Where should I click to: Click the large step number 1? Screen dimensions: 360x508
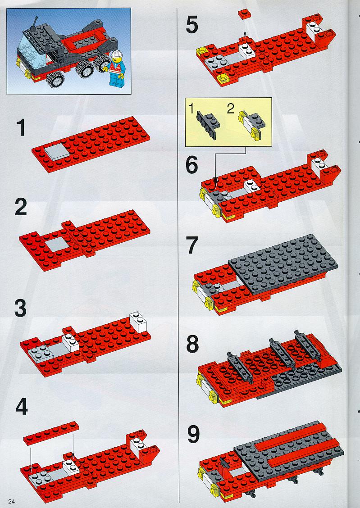click(x=21, y=127)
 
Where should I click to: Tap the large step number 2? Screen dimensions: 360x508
click(x=21, y=207)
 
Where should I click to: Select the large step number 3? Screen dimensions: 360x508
click(x=20, y=308)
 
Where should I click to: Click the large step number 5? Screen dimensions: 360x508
click(x=192, y=25)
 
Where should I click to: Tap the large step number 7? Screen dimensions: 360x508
click(x=192, y=245)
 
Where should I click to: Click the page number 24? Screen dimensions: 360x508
click(x=12, y=502)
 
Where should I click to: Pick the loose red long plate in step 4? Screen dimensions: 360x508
click(x=51, y=433)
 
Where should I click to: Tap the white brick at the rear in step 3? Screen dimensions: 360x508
click(x=138, y=322)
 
